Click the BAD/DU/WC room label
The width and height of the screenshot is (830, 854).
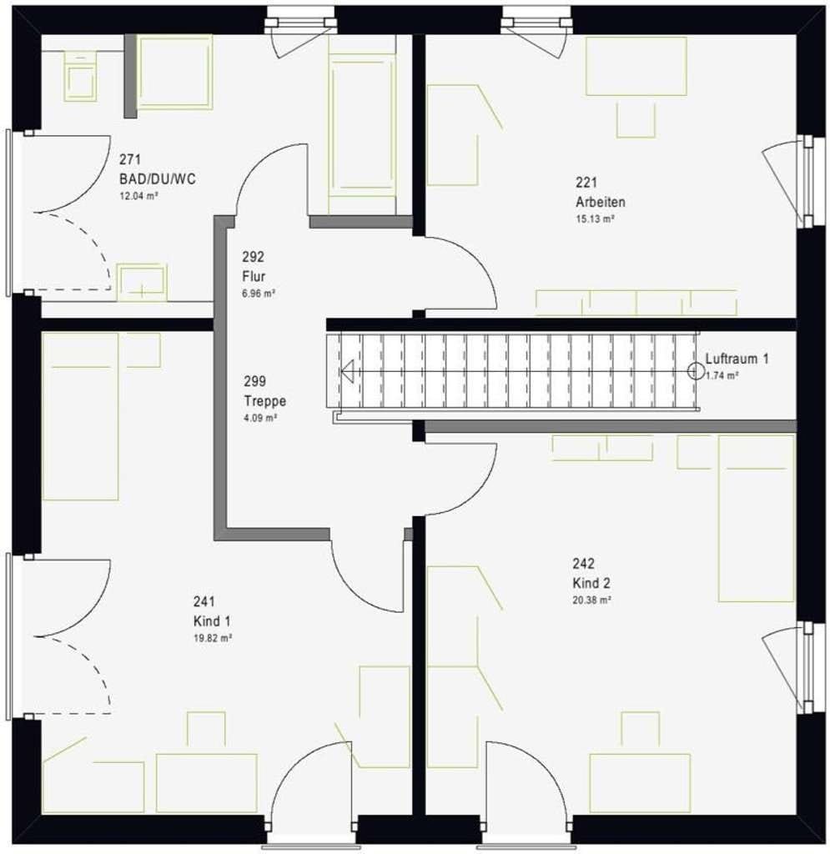(158, 178)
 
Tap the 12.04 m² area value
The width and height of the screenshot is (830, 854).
(138, 196)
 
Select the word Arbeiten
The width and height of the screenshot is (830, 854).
(601, 202)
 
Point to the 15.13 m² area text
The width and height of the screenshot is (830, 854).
(596, 219)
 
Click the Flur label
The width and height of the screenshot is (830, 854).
(254, 276)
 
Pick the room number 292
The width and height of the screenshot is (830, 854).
(254, 257)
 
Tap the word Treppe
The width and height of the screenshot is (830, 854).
(264, 401)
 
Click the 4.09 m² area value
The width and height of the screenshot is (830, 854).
(260, 419)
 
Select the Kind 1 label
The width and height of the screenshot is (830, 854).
(212, 620)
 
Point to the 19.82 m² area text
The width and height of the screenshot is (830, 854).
(213, 638)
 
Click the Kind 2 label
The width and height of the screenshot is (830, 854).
(591, 583)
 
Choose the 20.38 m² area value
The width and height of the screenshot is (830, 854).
(591, 600)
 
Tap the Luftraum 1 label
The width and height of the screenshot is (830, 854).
(737, 359)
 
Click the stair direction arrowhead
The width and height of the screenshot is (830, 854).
(347, 371)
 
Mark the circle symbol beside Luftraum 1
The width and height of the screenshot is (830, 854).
(696, 371)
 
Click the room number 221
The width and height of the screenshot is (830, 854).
(586, 182)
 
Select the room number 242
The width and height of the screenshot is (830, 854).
(583, 563)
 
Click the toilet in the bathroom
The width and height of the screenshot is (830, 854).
(81, 76)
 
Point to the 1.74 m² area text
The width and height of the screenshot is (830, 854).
(722, 375)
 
